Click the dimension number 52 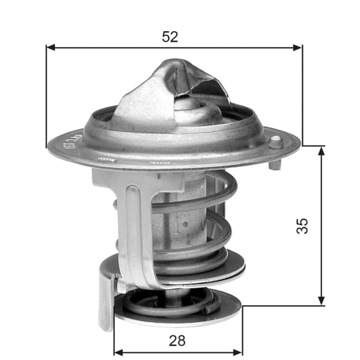point(170,37)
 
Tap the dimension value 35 point(301,225)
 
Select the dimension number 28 point(178,340)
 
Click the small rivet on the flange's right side point(275,142)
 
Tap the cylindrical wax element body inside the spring point(177,222)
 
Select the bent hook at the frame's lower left point(106,302)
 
